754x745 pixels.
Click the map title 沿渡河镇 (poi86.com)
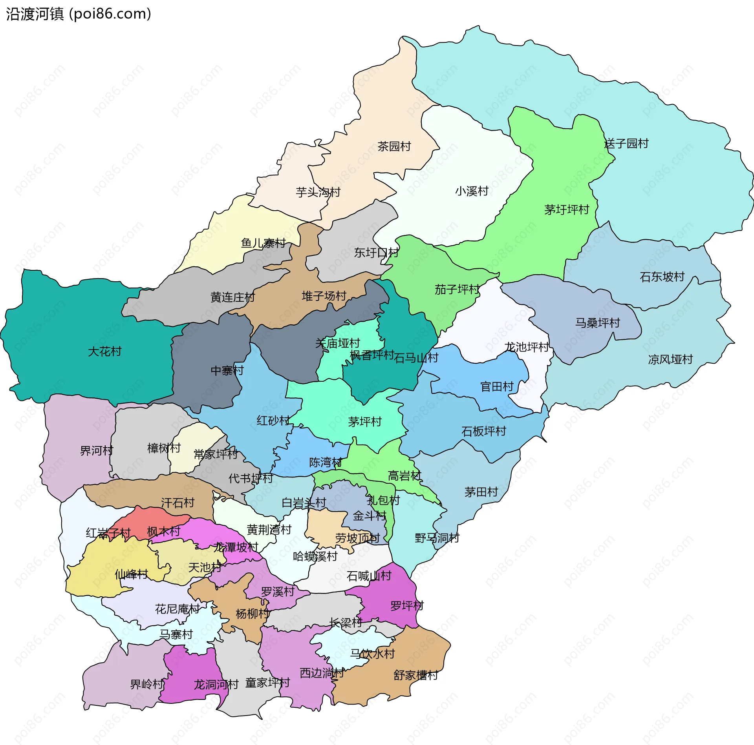(x=79, y=14)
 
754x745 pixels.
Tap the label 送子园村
(x=626, y=144)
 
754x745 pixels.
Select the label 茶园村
(x=394, y=146)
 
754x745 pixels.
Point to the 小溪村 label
(x=471, y=191)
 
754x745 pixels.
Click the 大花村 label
(x=104, y=351)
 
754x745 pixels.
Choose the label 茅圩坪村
(x=566, y=209)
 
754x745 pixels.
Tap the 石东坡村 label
(x=662, y=277)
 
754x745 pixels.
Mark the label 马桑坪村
(x=597, y=323)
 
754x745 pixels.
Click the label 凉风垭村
(x=670, y=359)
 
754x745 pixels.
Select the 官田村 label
(x=497, y=387)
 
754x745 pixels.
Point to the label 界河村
(x=96, y=450)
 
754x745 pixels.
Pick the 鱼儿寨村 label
(x=263, y=243)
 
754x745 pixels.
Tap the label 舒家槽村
(x=415, y=675)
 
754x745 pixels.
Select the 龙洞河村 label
(x=216, y=685)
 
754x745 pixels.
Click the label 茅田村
(x=481, y=492)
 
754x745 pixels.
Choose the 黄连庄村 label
(x=232, y=297)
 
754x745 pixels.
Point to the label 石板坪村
(x=483, y=432)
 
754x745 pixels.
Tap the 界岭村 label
(x=147, y=684)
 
